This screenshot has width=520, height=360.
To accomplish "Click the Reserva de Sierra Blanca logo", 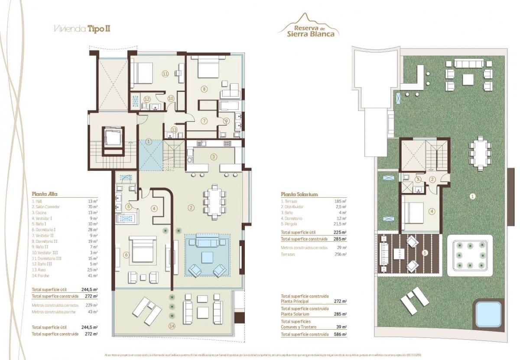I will (308, 27).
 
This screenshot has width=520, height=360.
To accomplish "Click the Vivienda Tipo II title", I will (81, 29).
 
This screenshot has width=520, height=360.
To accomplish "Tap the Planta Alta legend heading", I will (45, 194).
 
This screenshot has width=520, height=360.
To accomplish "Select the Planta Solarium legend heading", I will (299, 194).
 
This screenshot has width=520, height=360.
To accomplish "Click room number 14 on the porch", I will (173, 326).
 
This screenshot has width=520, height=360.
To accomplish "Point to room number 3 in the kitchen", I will (213, 157).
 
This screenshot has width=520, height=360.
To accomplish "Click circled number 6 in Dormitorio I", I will (126, 255).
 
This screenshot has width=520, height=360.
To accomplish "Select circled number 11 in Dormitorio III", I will (165, 74).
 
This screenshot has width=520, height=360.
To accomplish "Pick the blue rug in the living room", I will (207, 256).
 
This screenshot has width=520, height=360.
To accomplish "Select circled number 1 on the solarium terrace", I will (472, 196).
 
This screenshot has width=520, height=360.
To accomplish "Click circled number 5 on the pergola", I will (424, 253).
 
